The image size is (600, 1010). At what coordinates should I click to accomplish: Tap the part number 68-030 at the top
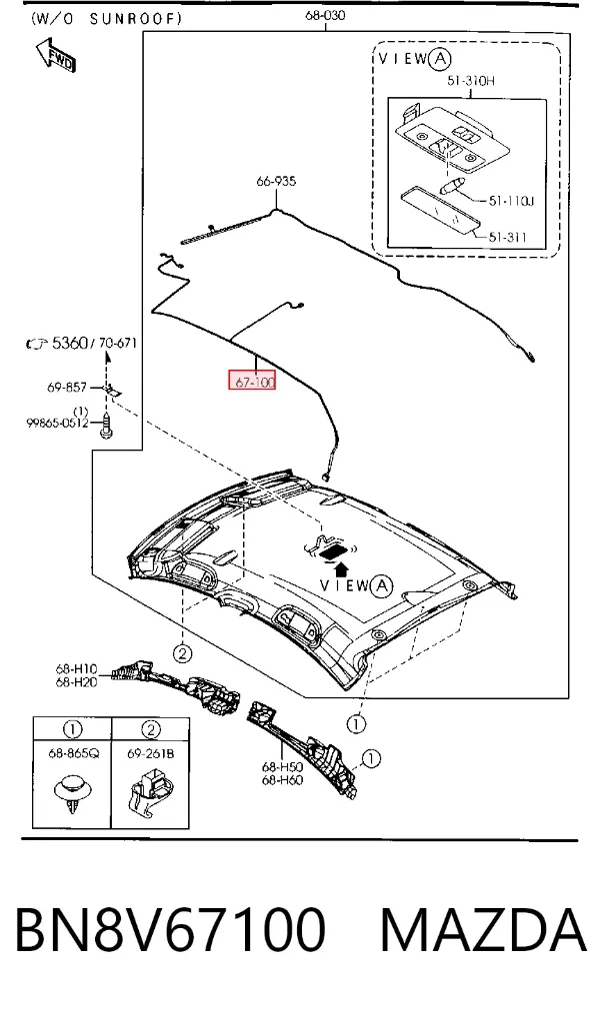point(325,15)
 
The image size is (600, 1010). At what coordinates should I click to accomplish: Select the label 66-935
point(276,182)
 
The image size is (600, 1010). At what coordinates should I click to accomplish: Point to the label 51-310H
point(471,81)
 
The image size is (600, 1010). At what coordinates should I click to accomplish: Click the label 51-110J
point(511,201)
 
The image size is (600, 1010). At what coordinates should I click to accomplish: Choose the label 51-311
point(507,237)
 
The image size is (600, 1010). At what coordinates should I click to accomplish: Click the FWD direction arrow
point(55,55)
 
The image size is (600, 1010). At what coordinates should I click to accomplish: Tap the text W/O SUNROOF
point(106,19)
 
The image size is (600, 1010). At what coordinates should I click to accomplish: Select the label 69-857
point(66,388)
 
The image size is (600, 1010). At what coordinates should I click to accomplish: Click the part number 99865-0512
point(57,424)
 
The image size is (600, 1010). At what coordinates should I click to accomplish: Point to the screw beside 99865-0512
point(106,427)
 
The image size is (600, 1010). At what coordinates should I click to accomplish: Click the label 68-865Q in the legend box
point(73,753)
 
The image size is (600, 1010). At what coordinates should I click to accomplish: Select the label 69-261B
point(150,753)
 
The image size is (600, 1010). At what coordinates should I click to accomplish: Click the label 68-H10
point(76,669)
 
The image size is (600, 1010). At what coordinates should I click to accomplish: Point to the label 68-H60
point(282,780)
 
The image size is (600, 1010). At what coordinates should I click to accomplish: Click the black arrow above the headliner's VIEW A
point(342,567)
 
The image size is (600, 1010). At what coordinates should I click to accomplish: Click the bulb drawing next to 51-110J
point(452,186)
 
